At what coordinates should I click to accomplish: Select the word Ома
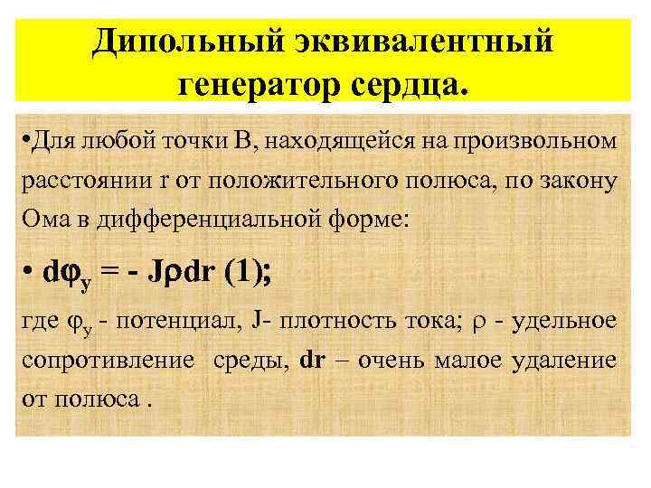click(x=42, y=219)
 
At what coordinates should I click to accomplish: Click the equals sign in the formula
click(x=120, y=272)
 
